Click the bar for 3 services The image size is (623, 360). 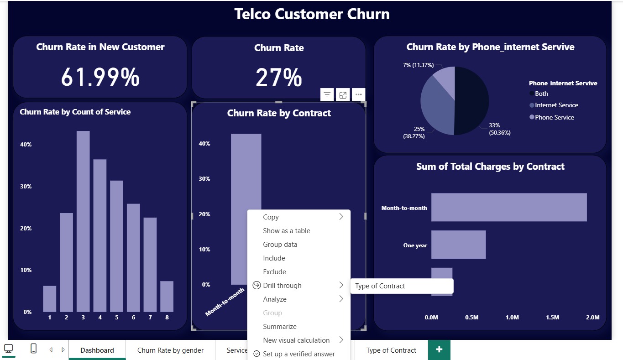click(83, 221)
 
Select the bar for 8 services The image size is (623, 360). click(167, 297)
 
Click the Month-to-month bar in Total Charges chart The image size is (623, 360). click(508, 208)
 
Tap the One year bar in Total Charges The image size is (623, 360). click(458, 245)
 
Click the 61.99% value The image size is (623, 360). click(100, 77)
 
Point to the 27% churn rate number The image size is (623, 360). click(278, 78)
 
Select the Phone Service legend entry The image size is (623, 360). click(554, 117)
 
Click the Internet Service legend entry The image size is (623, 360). click(556, 105)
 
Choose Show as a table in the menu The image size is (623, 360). click(286, 231)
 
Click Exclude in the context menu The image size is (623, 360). click(274, 272)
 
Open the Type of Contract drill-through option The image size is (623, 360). click(380, 286)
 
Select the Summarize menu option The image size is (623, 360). click(279, 327)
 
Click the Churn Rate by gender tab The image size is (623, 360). click(170, 350)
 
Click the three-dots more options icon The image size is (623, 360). click(358, 95)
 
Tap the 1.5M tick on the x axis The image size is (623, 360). click(552, 318)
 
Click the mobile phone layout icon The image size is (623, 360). click(33, 349)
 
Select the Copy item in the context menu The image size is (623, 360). click(271, 217)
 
